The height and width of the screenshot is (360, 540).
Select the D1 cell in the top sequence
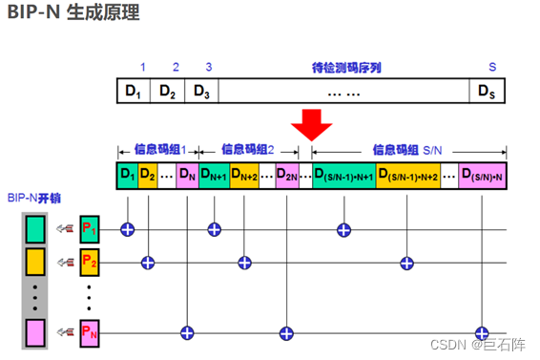pos(133,92)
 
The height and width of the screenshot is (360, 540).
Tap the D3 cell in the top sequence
pos(201,92)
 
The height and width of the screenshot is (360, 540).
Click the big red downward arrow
pos(311,123)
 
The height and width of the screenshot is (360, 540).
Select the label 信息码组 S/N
pos(407,149)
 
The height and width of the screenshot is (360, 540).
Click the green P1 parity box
pos(89,228)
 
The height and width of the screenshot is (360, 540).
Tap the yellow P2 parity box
pos(89,261)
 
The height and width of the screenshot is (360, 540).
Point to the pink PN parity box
pos(89,332)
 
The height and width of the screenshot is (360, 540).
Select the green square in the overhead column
pos(35,228)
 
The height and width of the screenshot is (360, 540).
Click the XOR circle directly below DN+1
pos(215,228)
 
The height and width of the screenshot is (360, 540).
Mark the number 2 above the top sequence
pos(176,68)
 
